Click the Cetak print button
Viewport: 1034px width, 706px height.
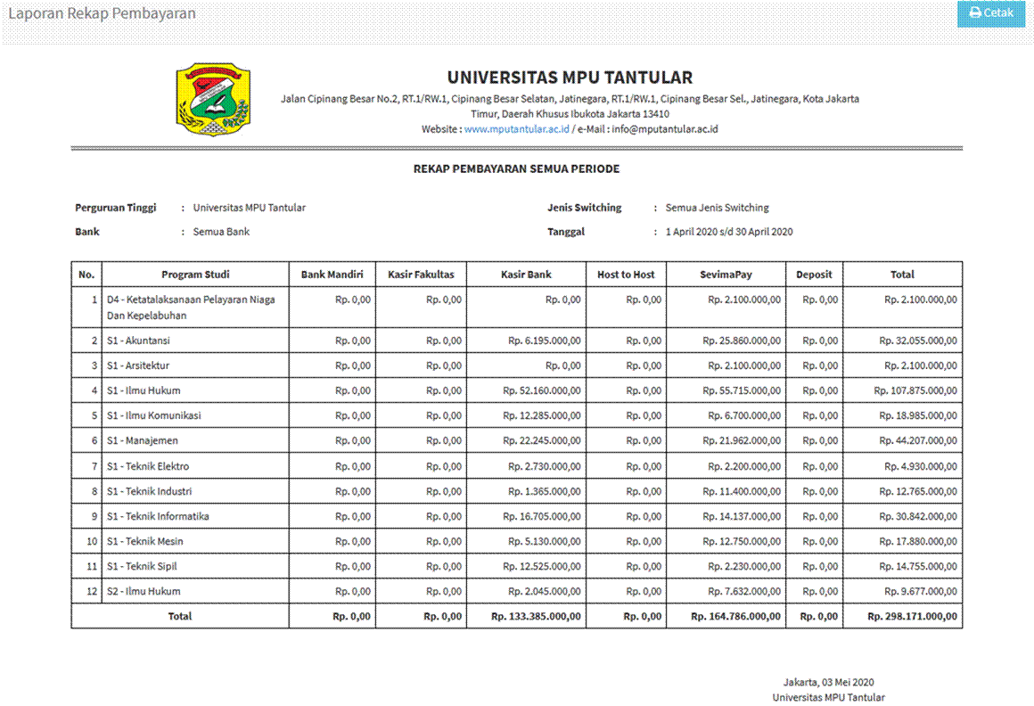[991, 13]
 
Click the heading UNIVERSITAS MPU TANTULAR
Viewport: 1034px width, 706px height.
[570, 78]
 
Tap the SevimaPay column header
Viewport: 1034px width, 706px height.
[726, 275]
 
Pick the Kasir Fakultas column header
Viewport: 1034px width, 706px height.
[421, 275]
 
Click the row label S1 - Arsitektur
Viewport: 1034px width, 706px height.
[138, 365]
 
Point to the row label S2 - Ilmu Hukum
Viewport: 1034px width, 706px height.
[144, 591]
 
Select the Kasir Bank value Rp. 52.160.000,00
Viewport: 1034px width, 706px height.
[542, 390]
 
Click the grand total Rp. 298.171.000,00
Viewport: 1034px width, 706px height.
[912, 616]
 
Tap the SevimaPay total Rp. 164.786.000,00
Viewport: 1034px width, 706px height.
[735, 616]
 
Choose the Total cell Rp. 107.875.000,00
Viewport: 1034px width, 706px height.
[915, 390]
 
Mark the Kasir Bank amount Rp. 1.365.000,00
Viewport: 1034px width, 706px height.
[545, 491]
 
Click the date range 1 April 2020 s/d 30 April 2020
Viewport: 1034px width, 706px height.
[729, 232]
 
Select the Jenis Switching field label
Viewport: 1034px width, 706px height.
[584, 208]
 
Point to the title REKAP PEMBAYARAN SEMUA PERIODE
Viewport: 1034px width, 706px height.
[516, 168]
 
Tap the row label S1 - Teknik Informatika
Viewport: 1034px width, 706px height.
[158, 516]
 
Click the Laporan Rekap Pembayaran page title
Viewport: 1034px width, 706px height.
[102, 13]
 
